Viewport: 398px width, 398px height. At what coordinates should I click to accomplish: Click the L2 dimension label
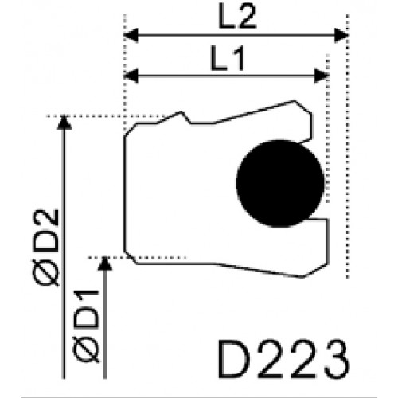pos(237,17)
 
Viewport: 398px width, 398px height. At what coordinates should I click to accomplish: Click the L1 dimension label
pos(227,58)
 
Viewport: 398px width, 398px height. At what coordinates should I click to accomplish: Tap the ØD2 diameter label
pos(45,248)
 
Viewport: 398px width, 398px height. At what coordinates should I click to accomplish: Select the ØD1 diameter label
pos(86,326)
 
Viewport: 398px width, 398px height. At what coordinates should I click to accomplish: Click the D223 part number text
pos(283,359)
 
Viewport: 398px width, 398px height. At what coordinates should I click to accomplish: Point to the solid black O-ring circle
pos(280,183)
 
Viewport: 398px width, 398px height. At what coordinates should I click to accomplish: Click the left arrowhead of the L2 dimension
pos(131,35)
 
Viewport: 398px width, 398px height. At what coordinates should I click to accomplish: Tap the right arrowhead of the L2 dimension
pos(341,35)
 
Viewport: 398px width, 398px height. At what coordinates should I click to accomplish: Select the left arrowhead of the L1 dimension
pos(131,76)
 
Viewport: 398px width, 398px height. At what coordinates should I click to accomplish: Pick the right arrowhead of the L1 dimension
pos(321,76)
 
